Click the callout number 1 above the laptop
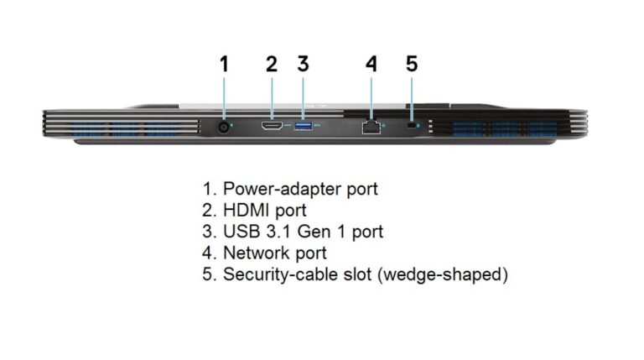coord(224,64)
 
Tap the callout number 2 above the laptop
coord(272,64)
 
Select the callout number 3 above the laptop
coord(303,64)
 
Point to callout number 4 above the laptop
coord(371,64)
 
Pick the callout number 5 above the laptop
coord(412,64)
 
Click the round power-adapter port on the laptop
coord(224,127)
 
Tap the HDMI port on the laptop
coord(272,125)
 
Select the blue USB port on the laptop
coord(303,125)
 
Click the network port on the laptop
coord(371,128)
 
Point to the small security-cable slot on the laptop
coord(411,125)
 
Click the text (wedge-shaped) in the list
coord(443,274)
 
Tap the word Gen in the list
coord(314,232)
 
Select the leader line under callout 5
coord(412,98)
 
